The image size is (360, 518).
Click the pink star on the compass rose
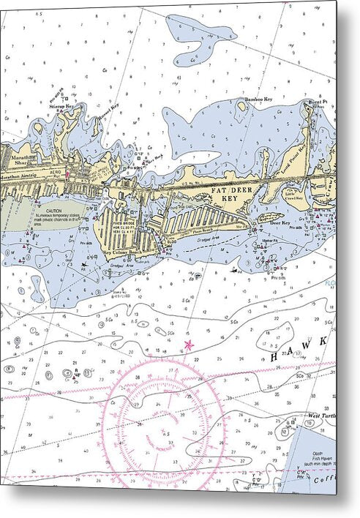click(190, 344)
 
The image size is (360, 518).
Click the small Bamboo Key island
click(242, 107)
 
